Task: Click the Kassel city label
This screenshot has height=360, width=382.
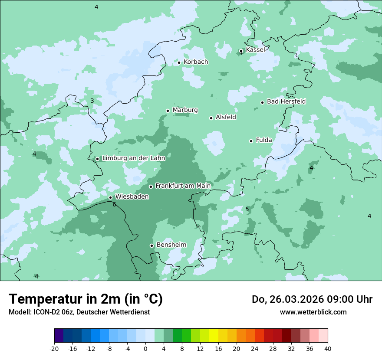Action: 255,50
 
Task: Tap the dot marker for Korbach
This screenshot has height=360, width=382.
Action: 179,62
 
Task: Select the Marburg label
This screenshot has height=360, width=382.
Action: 185,110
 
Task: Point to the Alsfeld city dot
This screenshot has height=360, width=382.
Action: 211,118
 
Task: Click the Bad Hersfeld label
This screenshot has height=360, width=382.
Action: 286,101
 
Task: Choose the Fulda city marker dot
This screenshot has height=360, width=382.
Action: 251,141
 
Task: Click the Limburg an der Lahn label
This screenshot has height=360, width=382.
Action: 133,158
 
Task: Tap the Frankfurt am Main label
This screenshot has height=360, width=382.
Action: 183,186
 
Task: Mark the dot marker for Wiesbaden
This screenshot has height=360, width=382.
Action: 111,197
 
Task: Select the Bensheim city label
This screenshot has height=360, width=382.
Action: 171,245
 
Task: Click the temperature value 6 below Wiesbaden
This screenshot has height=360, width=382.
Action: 114,205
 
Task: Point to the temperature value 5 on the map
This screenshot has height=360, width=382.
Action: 247,209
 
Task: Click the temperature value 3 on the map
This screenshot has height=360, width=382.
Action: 92,101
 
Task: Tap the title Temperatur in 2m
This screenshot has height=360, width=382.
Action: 86,299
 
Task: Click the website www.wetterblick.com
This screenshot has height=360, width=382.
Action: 313,312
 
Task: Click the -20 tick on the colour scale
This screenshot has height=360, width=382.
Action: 54,349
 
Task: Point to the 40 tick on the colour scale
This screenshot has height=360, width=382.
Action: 328,349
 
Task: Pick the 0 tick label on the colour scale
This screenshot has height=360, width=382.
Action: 145,349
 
